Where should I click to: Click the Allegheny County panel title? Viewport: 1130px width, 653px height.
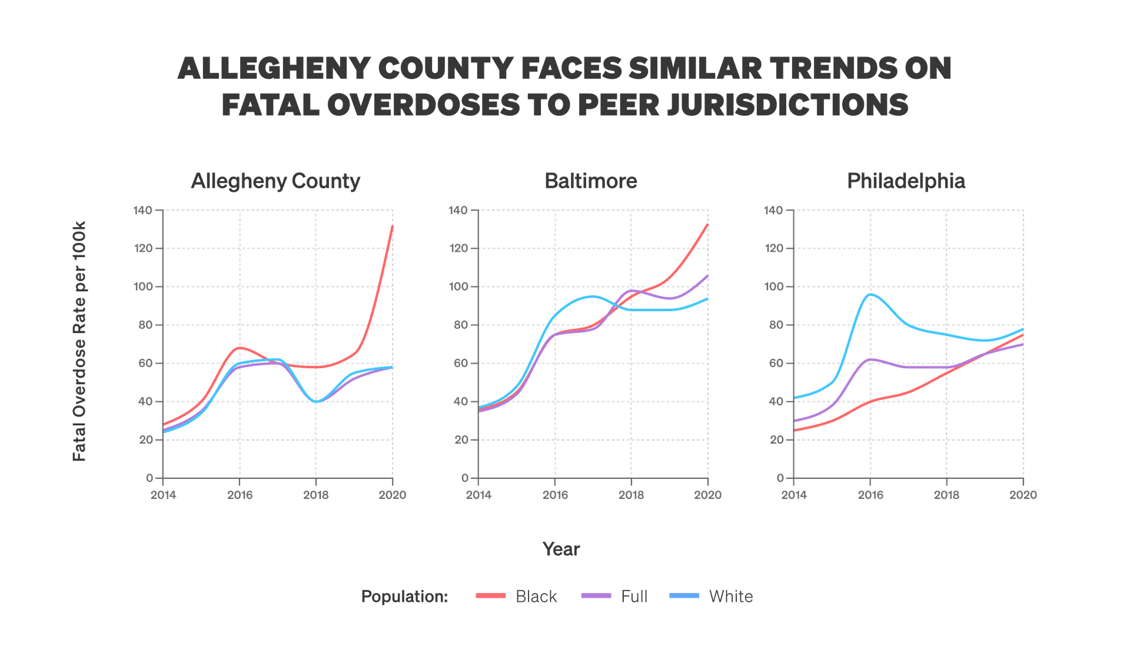(x=275, y=181)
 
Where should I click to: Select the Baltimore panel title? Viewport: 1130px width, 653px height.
(x=591, y=181)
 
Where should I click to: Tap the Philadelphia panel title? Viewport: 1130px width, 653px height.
(x=906, y=181)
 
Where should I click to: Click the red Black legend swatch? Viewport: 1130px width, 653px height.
(x=490, y=596)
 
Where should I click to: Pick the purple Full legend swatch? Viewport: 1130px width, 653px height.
(x=596, y=596)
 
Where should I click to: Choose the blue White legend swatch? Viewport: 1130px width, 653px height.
(x=684, y=596)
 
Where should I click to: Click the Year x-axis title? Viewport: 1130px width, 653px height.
(x=561, y=549)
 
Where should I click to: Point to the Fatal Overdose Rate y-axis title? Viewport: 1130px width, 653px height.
(x=79, y=341)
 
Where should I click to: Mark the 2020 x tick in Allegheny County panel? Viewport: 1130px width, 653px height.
(x=393, y=495)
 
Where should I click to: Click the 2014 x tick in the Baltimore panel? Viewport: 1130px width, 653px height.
(x=478, y=495)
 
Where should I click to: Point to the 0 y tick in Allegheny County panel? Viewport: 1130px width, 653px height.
(x=149, y=478)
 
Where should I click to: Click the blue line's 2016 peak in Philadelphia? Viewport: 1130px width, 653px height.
(x=870, y=294)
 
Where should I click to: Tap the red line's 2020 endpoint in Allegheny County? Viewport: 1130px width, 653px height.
(x=393, y=226)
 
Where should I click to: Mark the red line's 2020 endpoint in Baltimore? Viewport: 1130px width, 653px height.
(x=707, y=224)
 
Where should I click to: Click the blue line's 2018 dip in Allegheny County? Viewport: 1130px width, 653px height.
(x=317, y=402)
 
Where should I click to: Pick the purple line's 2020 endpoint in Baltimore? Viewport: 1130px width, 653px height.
(x=707, y=275)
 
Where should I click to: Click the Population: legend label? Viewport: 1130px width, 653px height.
(x=404, y=597)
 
